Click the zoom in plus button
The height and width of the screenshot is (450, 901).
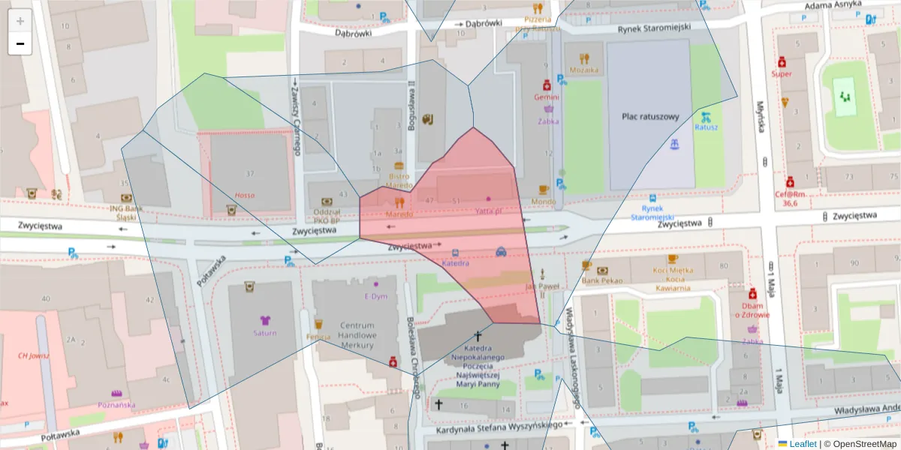pyautogui.click(x=20, y=20)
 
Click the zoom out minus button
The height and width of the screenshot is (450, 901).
pyautogui.click(x=20, y=43)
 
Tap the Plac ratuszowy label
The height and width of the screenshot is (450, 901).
pyautogui.click(x=650, y=117)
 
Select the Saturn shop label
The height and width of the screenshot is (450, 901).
pyautogui.click(x=264, y=332)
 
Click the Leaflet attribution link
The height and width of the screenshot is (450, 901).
pyautogui.click(x=802, y=444)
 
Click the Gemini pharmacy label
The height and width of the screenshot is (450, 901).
pyautogui.click(x=547, y=97)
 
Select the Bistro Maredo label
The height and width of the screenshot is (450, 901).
pyautogui.click(x=399, y=180)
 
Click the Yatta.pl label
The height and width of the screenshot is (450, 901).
pyautogui.click(x=489, y=211)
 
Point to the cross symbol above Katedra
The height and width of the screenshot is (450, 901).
pyautogui.click(x=476, y=337)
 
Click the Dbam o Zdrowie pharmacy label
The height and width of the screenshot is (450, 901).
pyautogui.click(x=752, y=310)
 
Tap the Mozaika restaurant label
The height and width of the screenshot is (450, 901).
pyautogui.click(x=584, y=70)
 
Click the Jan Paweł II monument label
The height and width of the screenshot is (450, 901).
pyautogui.click(x=543, y=286)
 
